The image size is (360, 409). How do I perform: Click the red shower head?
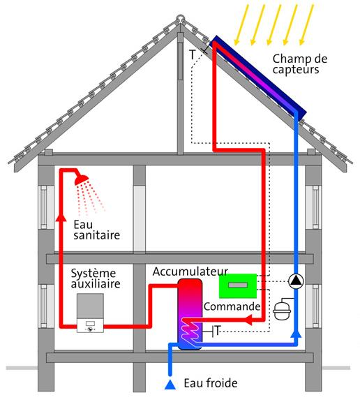coord(82,179)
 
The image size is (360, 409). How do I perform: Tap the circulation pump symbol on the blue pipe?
coord(296,281)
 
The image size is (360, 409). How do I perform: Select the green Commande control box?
coord(238,286)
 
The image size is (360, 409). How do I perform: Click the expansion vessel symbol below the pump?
coord(282,311)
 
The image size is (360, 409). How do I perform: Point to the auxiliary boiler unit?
coord(90,313)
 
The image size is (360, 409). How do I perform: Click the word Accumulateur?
coord(190,272)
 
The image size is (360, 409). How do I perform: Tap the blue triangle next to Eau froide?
coord(170,385)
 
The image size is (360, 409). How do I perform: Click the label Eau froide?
coord(211,383)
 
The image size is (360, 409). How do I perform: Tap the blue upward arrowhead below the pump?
coord(296,334)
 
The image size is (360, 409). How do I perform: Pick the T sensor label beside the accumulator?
coord(218,331)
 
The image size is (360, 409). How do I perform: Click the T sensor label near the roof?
coord(193,54)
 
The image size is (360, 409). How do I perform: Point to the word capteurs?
coord(296,70)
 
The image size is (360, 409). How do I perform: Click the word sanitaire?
coord(97,235)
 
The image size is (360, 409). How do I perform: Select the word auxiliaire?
coord(96,283)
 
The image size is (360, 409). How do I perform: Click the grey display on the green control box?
coord(238,285)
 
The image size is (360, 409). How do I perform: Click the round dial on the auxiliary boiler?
coord(90,329)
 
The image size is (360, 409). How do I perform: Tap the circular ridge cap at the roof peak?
coord(180,19)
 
